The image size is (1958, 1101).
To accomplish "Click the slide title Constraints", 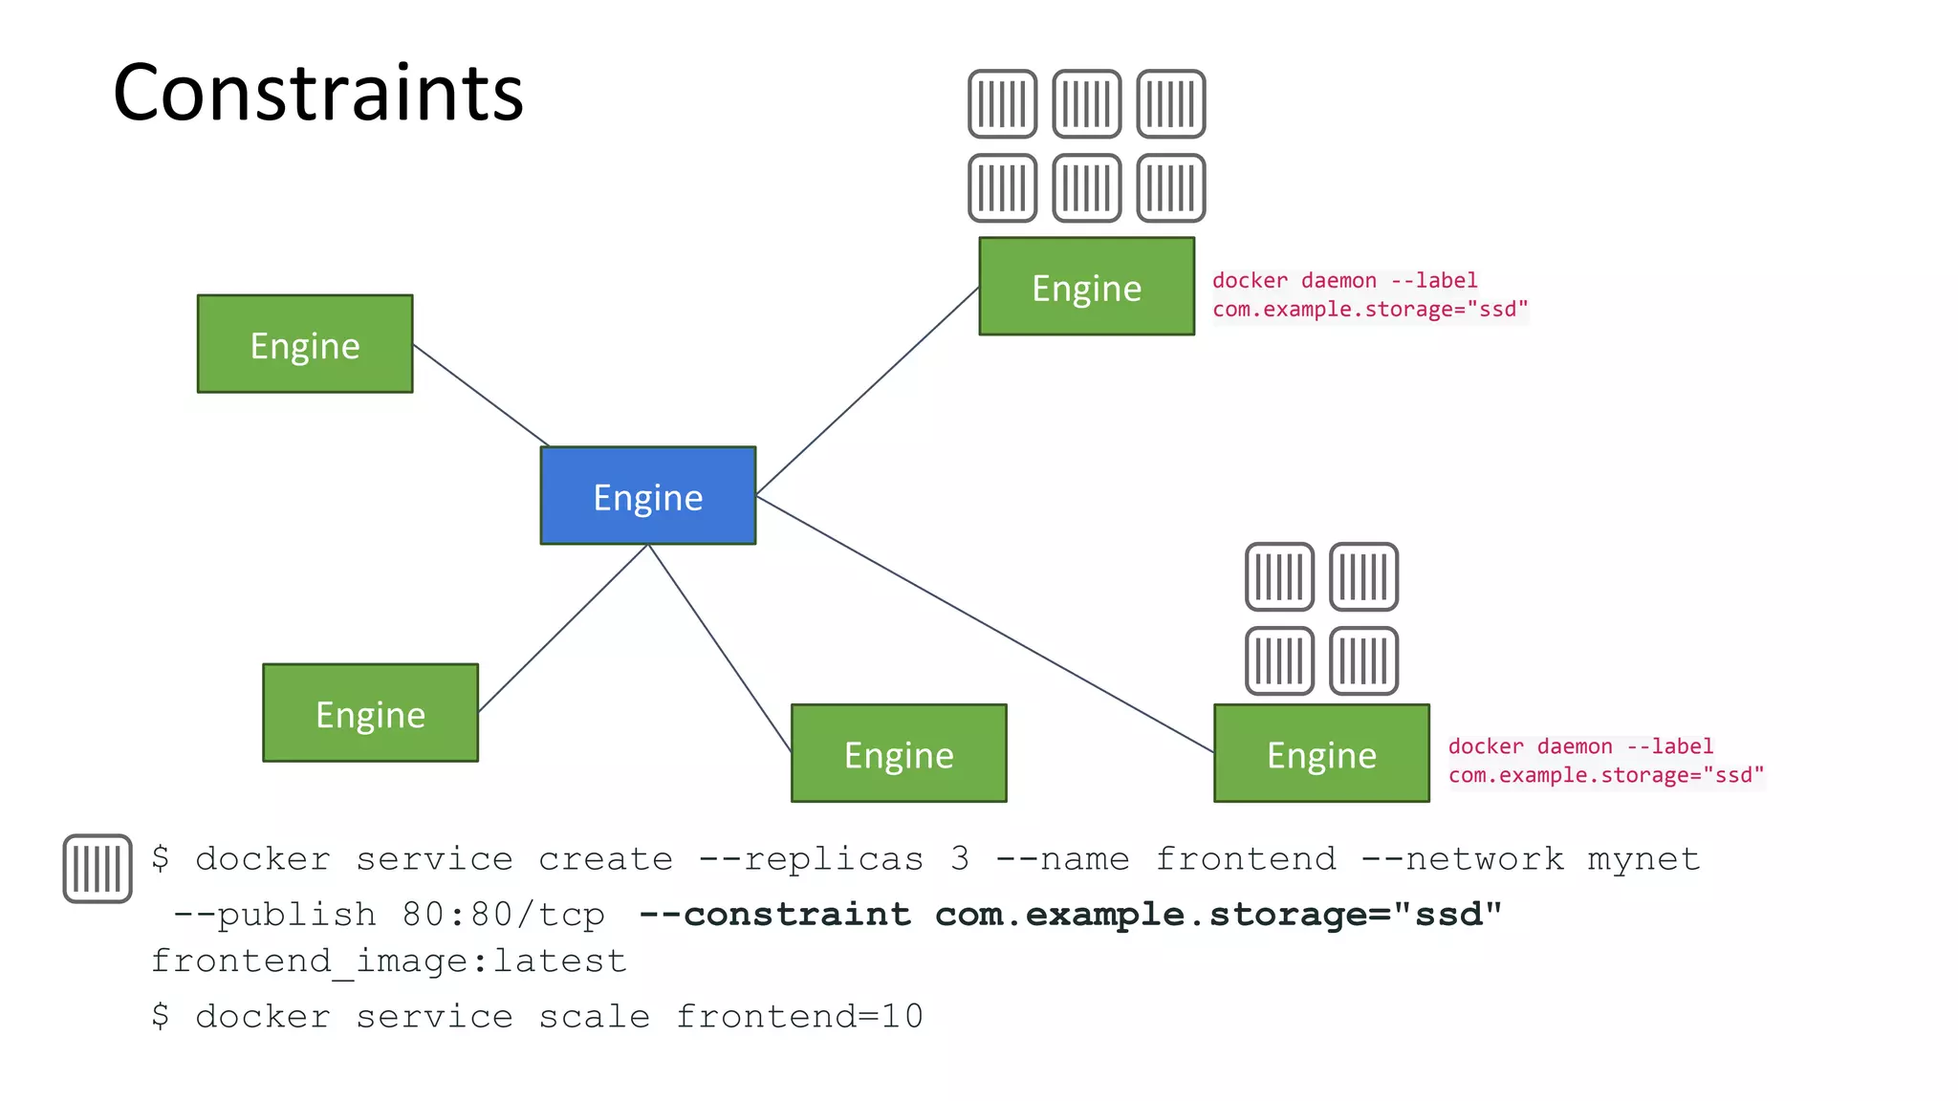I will click(x=317, y=93).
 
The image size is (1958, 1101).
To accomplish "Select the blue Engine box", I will click(x=647, y=496).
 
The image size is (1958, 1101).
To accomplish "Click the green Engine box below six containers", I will click(x=1086, y=287).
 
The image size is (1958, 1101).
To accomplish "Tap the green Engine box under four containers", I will click(x=1321, y=753).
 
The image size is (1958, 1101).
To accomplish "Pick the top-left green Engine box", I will click(x=304, y=344).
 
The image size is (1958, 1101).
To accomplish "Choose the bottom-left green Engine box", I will click(x=370, y=713).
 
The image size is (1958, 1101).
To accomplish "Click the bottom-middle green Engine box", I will click(x=899, y=753).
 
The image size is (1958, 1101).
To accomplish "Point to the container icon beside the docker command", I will click(x=97, y=868).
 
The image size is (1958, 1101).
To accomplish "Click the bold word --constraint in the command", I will click(x=774, y=915).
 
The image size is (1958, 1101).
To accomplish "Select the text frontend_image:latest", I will click(x=388, y=961).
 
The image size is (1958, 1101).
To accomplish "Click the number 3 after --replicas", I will click(x=960, y=858).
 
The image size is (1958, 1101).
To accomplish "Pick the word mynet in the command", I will click(x=1643, y=858).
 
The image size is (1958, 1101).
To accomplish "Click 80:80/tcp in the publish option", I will click(x=503, y=915).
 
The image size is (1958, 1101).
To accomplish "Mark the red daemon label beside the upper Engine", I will click(x=1369, y=294).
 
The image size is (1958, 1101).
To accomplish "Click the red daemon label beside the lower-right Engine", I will click(x=1604, y=761).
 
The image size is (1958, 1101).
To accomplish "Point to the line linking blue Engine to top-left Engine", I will click(x=481, y=396).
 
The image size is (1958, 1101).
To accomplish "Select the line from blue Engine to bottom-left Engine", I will click(x=562, y=629).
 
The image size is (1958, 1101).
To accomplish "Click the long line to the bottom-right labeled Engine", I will click(x=985, y=624).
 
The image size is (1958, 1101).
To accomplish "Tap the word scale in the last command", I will click(x=594, y=1016).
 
